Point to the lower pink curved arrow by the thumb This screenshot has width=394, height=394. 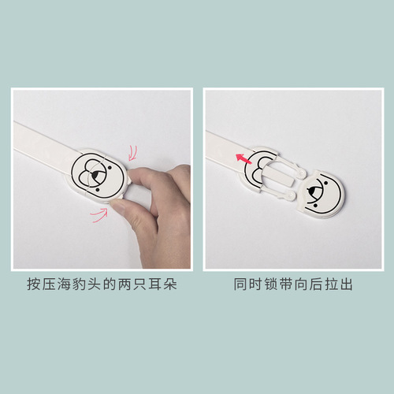(x=100, y=213)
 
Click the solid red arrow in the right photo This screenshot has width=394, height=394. (x=244, y=160)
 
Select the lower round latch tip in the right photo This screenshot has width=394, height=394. (x=292, y=192)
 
